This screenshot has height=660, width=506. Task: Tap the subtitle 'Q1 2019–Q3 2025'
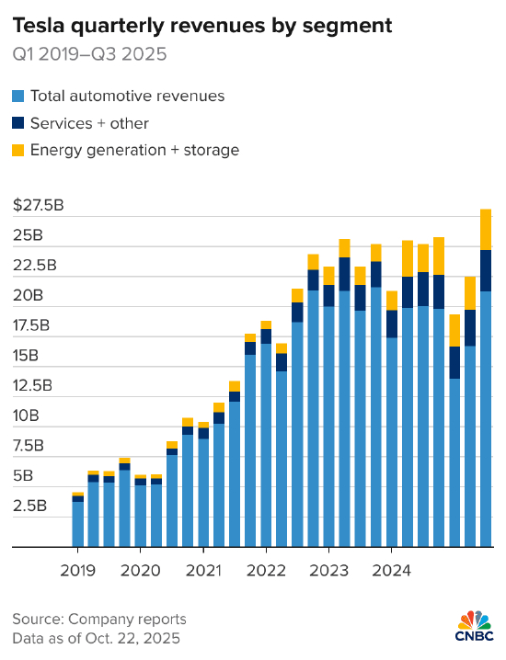coord(89,54)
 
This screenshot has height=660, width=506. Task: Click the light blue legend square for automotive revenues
coord(18,96)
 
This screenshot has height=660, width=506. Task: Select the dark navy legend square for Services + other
coord(18,122)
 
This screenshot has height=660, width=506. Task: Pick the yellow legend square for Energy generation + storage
coord(18,149)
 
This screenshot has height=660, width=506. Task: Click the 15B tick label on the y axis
coord(28,356)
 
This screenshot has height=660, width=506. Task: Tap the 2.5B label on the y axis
coord(31,506)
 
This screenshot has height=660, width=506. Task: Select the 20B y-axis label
coord(29,295)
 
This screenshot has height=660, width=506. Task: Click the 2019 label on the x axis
coord(77,569)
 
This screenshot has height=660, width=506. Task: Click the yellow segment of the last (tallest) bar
coord(485,229)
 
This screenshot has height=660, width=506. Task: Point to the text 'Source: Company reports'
coord(99,619)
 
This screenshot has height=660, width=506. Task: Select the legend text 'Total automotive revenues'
coord(127,96)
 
